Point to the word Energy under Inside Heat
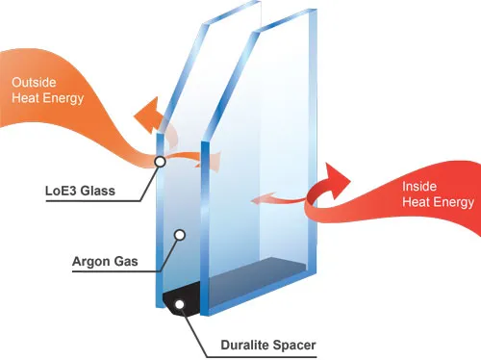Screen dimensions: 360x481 454,202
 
